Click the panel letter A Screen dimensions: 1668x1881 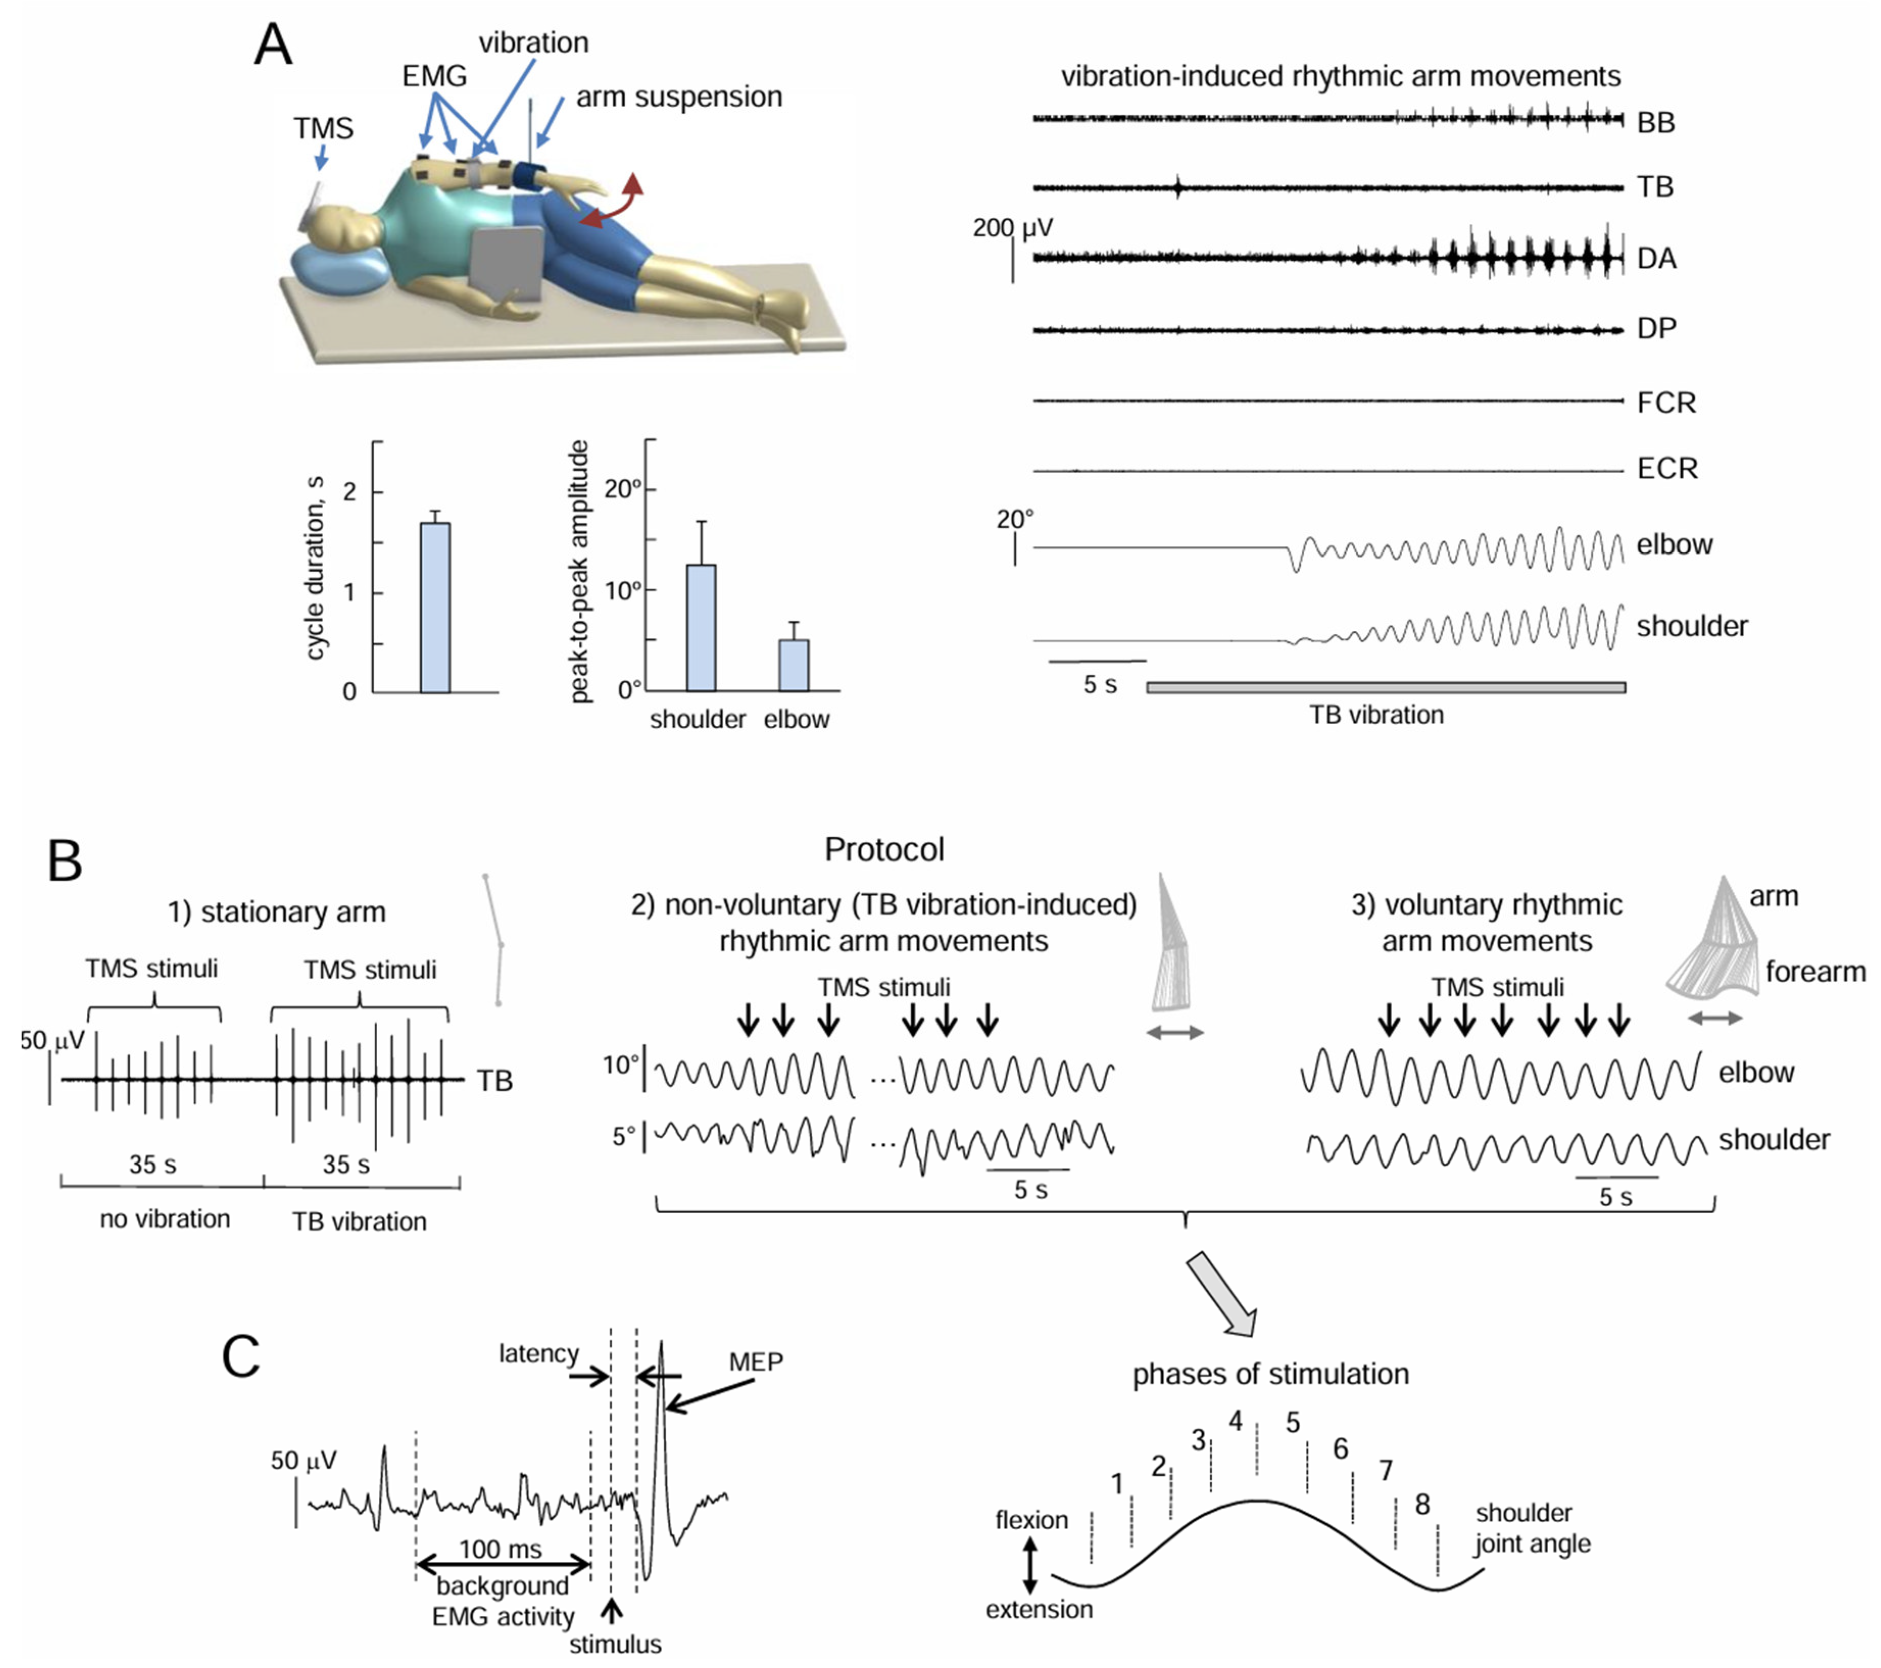point(273,44)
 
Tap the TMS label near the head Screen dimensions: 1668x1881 point(323,128)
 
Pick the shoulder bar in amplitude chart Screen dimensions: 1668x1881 point(701,627)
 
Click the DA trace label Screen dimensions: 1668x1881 point(1656,259)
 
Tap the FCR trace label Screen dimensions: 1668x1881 point(1666,402)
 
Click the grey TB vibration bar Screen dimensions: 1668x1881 point(1385,687)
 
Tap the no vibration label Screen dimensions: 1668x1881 point(165,1219)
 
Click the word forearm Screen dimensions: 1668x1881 point(1815,971)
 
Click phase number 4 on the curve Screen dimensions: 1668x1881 point(1235,1421)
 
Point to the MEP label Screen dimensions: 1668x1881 point(755,1362)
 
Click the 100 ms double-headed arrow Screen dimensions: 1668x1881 point(502,1563)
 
